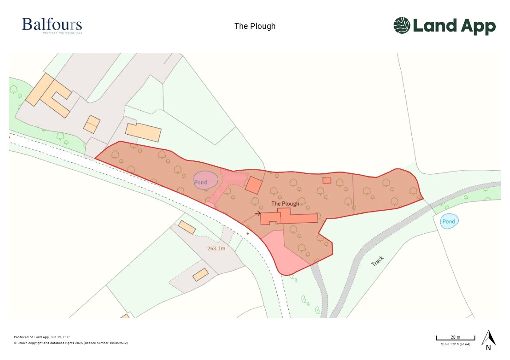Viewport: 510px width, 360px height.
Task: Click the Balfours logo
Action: pos(52,25)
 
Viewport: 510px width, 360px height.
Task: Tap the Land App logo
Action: pos(444,26)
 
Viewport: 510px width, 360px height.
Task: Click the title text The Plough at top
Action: pos(255,26)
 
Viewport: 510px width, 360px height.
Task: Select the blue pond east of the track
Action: pos(449,221)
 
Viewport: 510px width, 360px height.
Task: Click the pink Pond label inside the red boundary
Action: pos(201,182)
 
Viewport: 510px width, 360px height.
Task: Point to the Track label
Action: pos(377,261)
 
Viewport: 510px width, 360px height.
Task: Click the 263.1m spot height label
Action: pos(216,248)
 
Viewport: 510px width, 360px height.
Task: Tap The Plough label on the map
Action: pos(285,204)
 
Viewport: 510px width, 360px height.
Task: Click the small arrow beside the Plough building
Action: pos(257,213)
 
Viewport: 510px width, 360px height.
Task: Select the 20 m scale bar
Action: pos(455,338)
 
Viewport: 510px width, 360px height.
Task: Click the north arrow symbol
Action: pos(488,338)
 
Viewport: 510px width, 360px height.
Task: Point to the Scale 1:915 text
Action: pos(455,344)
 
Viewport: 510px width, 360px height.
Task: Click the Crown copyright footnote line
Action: pos(71,343)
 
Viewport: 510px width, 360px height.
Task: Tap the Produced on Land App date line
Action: pos(43,337)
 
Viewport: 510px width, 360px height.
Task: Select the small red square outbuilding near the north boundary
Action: pos(327,180)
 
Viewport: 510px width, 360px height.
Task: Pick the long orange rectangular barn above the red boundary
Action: pos(143,132)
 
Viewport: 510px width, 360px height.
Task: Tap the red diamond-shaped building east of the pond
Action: pos(254,185)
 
